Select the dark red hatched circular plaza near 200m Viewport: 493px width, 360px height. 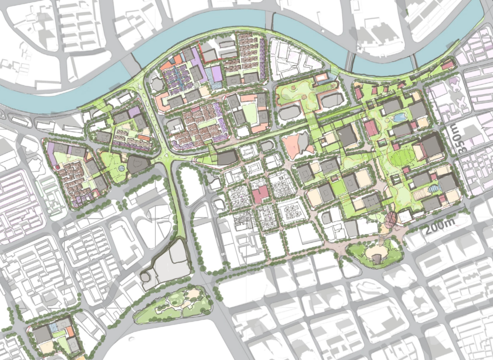391,220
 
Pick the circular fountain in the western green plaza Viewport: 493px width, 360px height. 121,169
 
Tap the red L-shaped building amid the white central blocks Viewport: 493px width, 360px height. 261,194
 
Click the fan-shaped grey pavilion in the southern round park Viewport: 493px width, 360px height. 377,259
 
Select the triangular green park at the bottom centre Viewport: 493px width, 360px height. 173,304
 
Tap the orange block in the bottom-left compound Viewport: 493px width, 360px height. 69,331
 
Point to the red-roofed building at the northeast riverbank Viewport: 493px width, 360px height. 448,65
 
